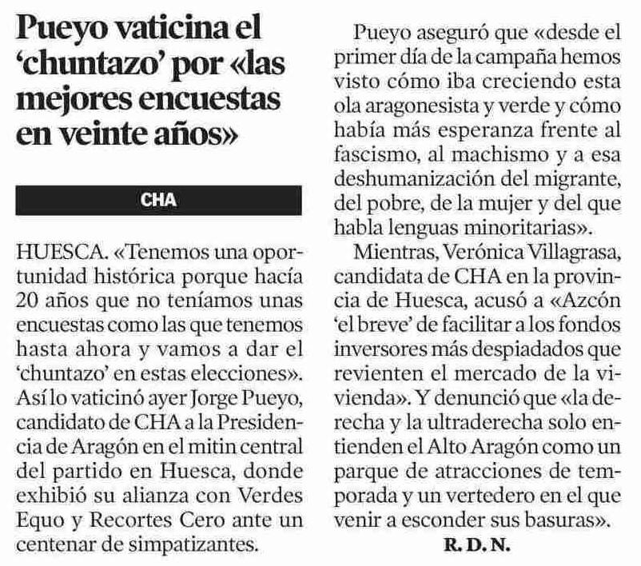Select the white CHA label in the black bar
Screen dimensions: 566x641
pyautogui.click(x=159, y=200)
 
